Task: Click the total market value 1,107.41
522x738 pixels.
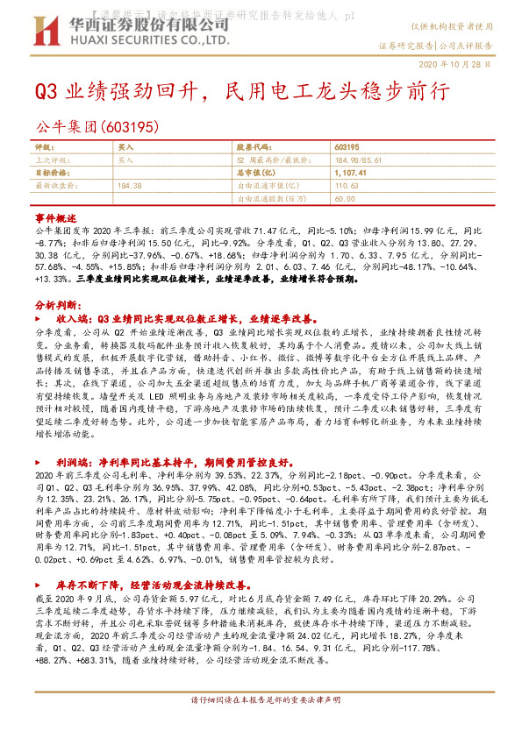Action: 349,174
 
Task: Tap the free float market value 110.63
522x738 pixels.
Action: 347,186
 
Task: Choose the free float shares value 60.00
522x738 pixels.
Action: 344,199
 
